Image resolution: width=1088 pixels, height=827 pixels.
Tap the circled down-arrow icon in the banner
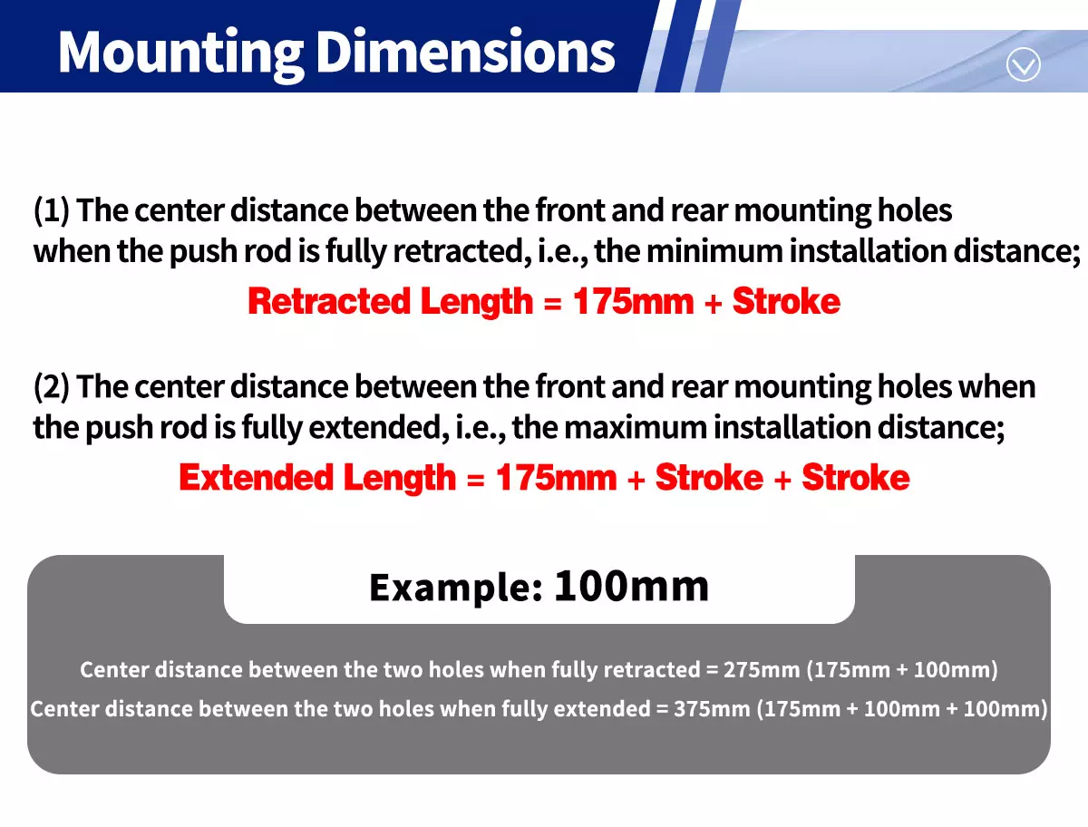coord(1023,64)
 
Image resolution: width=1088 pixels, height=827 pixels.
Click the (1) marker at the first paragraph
coord(52,210)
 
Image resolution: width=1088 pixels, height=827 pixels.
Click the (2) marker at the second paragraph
coord(52,386)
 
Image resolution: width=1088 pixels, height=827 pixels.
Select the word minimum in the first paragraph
coord(714,250)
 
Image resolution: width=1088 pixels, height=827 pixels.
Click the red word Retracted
coord(329,301)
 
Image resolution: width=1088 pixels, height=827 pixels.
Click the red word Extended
coord(257,478)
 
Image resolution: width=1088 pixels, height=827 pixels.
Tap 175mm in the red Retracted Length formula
coord(633,301)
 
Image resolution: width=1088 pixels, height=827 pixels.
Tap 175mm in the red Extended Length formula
coord(556,478)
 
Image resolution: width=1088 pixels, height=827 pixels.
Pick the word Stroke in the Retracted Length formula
coord(786,301)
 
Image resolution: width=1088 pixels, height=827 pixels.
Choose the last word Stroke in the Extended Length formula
coord(856,478)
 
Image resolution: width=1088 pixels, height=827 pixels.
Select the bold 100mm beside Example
coord(631,587)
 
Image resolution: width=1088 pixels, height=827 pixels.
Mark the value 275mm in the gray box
coord(762,670)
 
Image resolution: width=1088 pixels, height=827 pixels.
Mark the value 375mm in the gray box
coord(713,709)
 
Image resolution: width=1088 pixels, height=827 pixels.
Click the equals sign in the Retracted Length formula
coord(553,303)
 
